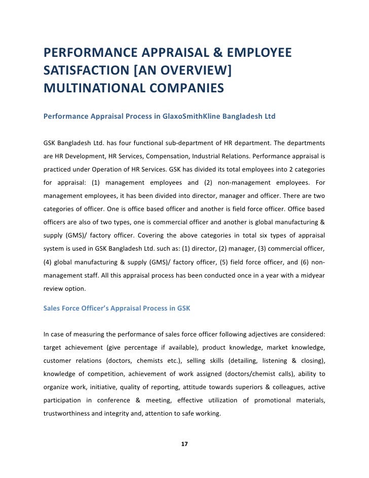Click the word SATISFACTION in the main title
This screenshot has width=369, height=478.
point(85,71)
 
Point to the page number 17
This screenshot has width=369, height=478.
point(184,445)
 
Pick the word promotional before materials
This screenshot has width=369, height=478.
point(266,400)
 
